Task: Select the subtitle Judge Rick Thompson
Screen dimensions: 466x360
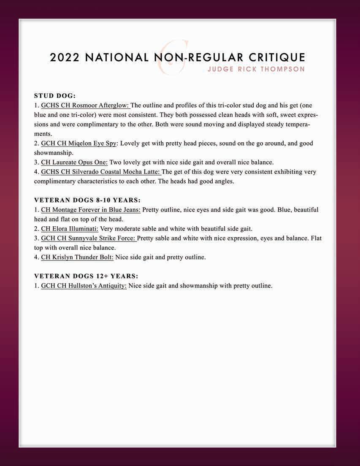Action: pyautogui.click(x=256, y=69)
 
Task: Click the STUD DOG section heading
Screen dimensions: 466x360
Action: pyautogui.click(x=55, y=96)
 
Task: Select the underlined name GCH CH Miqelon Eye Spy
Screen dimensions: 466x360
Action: pyautogui.click(x=79, y=144)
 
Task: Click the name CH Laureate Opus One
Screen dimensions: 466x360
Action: pyautogui.click(x=74, y=162)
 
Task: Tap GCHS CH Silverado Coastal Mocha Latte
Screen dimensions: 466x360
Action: pyautogui.click(x=101, y=172)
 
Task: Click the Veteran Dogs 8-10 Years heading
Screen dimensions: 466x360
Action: pyautogui.click(x=87, y=200)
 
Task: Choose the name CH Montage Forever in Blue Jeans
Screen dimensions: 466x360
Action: pyautogui.click(x=91, y=210)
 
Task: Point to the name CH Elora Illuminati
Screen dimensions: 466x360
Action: pyautogui.click(x=70, y=229)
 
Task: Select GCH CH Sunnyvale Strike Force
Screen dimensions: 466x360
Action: pyautogui.click(x=89, y=238)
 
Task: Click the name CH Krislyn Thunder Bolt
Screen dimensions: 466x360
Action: pyautogui.click(x=77, y=257)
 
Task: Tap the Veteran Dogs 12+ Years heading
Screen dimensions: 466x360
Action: pyautogui.click(x=86, y=276)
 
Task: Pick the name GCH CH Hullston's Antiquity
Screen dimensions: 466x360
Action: pyautogui.click(x=84, y=286)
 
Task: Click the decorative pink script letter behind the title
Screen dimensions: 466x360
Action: pyautogui.click(x=173, y=53)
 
